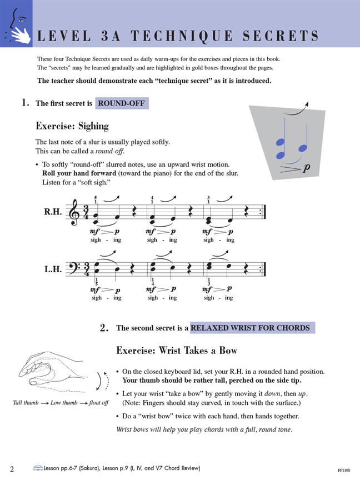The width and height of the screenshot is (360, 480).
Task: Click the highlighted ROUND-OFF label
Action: point(122,103)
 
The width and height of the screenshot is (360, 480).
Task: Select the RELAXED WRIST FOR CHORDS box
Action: point(252,328)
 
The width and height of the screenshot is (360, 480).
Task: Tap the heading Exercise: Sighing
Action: point(72,126)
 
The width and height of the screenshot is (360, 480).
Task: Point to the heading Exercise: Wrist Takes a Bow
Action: point(177,351)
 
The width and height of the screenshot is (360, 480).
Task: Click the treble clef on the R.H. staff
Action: point(73,212)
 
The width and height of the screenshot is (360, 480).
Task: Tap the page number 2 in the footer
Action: point(12,469)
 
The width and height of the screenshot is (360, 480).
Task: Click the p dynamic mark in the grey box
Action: point(306,167)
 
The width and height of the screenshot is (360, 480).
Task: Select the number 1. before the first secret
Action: point(25,103)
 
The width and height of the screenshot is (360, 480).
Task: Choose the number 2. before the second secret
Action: point(104,328)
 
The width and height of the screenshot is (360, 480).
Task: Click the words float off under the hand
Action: point(98,402)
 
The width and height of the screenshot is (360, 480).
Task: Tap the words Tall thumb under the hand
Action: point(26,402)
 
